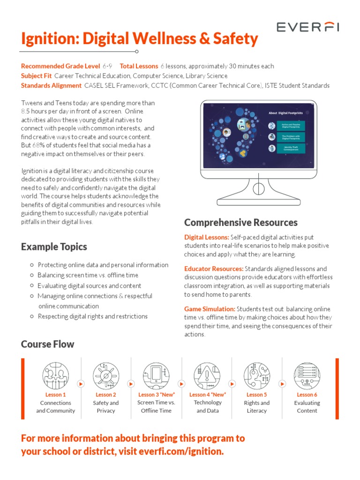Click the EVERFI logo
click(x=307, y=27)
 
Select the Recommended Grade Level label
click(x=60, y=66)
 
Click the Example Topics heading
click(x=54, y=247)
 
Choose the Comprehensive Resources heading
click(x=240, y=222)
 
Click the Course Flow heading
click(x=47, y=344)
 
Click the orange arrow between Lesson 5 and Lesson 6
click(x=282, y=383)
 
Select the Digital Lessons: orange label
click(x=207, y=237)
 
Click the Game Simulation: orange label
click(x=210, y=309)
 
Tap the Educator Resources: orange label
click(x=214, y=269)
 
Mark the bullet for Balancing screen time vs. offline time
click(x=31, y=276)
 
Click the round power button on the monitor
click(x=259, y=188)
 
